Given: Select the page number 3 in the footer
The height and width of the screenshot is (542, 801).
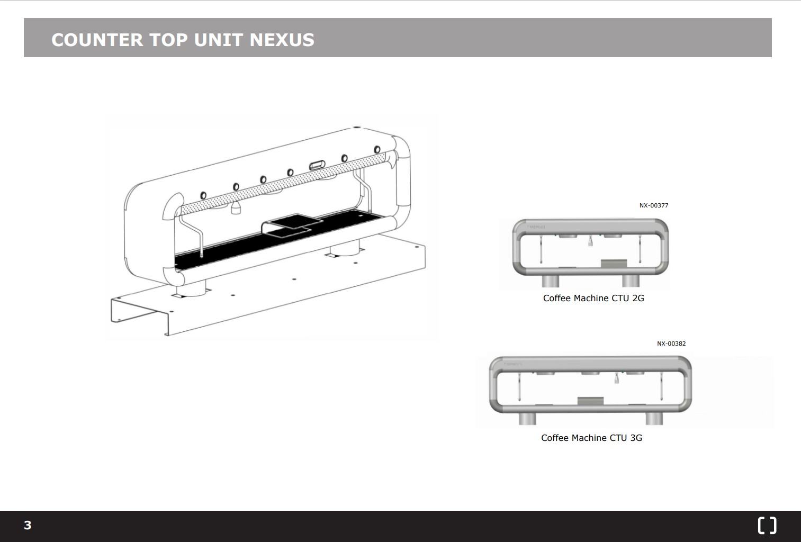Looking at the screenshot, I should [x=28, y=525].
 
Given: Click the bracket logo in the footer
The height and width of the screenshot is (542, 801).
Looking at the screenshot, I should [x=767, y=525].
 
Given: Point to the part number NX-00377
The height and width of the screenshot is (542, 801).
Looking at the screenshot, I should [x=653, y=205].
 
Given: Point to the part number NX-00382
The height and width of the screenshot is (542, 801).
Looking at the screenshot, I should [x=671, y=344].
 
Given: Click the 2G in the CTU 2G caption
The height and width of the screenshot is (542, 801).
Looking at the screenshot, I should [x=638, y=298].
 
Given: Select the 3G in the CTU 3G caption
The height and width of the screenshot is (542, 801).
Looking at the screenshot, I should [x=636, y=438].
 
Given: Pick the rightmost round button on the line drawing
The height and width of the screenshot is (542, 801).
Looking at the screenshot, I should [x=377, y=150].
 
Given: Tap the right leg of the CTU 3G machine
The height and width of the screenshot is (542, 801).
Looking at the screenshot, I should [x=654, y=419].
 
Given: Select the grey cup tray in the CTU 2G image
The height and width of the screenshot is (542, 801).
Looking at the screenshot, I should [x=614, y=263].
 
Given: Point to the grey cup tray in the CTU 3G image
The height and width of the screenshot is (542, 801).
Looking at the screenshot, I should [x=590, y=402].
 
